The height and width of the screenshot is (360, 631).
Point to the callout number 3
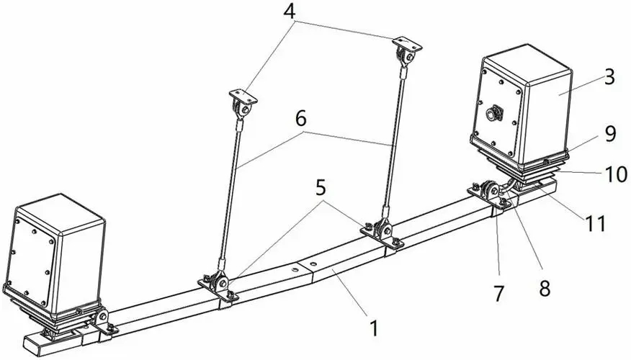point(609,78)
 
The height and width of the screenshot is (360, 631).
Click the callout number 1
point(373,328)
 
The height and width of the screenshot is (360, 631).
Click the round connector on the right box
point(496,113)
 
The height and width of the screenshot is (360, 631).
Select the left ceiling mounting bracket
point(243,102)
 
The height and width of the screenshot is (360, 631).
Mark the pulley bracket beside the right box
point(488,192)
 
